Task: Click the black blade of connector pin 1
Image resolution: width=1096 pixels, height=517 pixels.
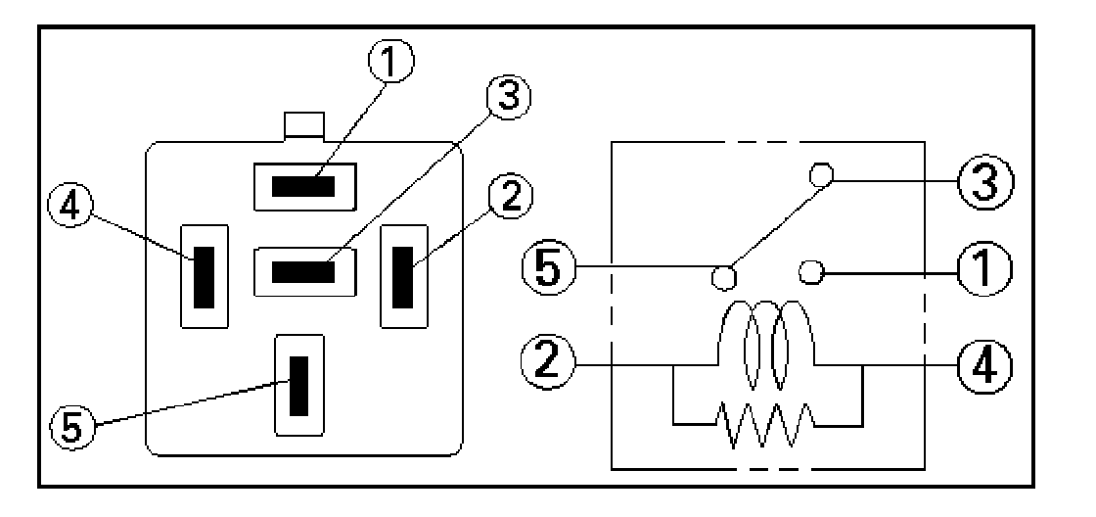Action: [x=303, y=186]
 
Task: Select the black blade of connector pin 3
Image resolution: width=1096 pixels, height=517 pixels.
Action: [x=303, y=269]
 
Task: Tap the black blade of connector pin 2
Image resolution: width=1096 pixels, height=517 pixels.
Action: [x=402, y=275]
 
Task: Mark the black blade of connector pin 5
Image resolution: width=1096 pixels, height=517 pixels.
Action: [x=299, y=385]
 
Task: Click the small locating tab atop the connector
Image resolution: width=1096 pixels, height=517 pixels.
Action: [x=303, y=125]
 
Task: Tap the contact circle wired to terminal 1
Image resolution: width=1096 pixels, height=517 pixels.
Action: [x=809, y=271]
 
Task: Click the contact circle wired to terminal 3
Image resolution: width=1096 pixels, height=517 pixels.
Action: [x=821, y=175]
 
